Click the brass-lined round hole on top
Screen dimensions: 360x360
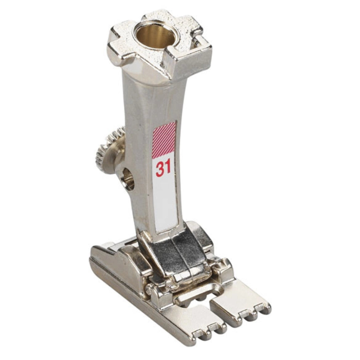pyautogui.click(x=155, y=37)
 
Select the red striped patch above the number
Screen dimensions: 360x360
pyautogui.click(x=164, y=140)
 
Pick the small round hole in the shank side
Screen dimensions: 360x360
pyautogui.click(x=129, y=179)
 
